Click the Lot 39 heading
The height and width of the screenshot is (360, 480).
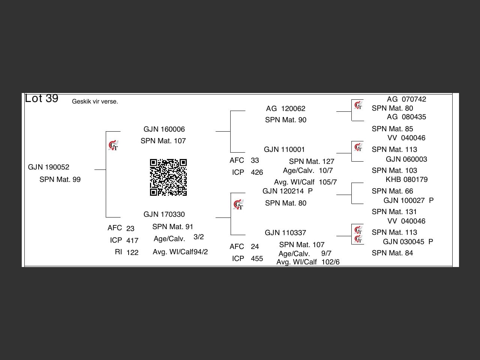coord(42,98)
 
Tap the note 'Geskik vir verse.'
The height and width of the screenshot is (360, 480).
coord(95,101)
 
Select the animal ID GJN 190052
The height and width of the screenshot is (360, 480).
coord(48,167)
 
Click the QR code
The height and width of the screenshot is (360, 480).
coord(168,177)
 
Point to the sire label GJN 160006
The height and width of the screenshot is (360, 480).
coord(164,129)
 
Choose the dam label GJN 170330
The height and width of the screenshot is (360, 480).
coord(164,214)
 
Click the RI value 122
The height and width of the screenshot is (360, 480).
coord(132,252)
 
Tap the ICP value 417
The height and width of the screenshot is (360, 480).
coord(132,240)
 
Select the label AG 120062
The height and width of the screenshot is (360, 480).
coord(286,108)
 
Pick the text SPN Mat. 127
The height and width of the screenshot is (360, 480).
coord(312,161)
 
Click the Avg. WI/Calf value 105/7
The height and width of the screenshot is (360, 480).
coord(328,182)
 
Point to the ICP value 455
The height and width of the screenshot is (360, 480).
coord(257,259)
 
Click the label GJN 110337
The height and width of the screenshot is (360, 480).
coord(285,232)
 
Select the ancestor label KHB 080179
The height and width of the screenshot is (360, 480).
coord(406,180)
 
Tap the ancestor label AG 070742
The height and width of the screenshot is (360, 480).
coord(406,99)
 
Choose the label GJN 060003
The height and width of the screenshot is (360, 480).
coord(406,159)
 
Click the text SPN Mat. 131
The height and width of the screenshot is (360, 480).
coord(394,211)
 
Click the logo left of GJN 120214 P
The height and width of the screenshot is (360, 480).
coord(238,204)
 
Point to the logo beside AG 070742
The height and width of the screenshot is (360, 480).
coord(358,105)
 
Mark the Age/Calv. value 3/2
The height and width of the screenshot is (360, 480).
coord(198,237)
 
